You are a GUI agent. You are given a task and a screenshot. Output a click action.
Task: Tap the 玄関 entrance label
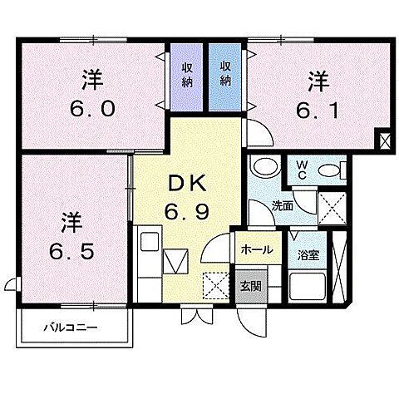coord(250,286)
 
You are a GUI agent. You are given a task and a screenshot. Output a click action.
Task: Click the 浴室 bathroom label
coord(308,254)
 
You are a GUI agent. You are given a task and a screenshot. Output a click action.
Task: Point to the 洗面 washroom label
coord(282,204)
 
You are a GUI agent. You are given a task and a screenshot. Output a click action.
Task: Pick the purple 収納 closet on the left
coord(187,76)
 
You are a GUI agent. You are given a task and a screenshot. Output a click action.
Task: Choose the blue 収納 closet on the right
coord(226,76)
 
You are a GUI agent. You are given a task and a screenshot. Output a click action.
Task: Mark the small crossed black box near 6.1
coord(383,140)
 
